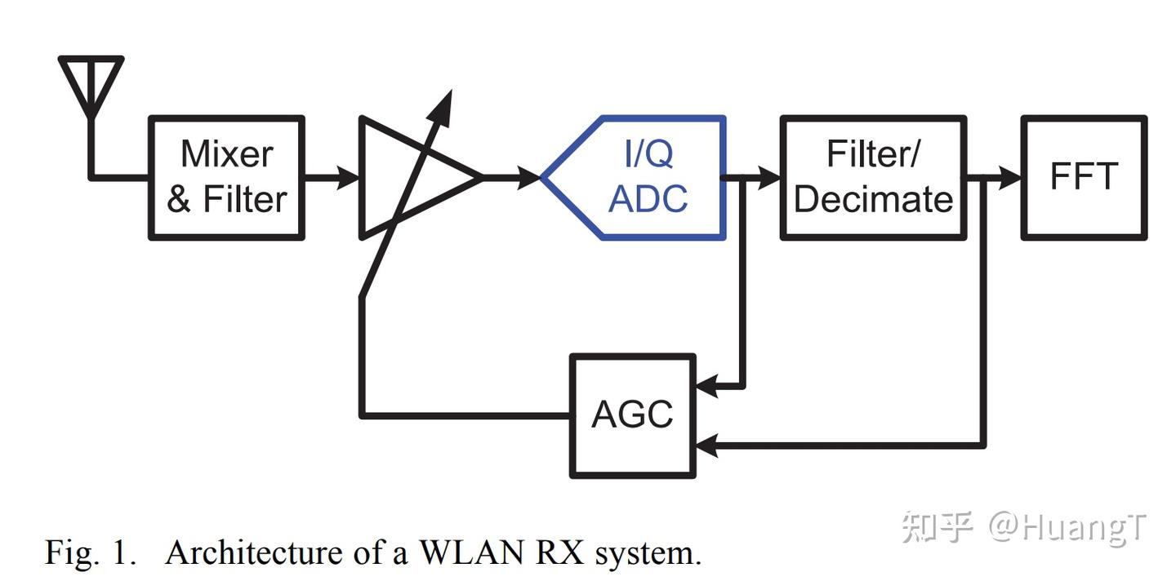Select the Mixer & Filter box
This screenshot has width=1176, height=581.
tap(226, 177)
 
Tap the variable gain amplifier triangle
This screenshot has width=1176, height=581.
tap(408, 177)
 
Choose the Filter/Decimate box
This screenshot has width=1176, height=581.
tap(873, 177)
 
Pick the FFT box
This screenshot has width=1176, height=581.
tap(1084, 177)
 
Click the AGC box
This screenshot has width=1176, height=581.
tap(633, 415)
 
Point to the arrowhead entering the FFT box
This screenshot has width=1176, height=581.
tap(1010, 177)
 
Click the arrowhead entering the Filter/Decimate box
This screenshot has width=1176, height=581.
tap(769, 177)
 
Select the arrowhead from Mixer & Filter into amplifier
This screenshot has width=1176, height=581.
tap(349, 177)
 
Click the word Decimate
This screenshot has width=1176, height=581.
tap(873, 199)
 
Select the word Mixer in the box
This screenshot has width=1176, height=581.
tap(226, 153)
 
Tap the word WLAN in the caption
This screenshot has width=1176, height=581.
tap(471, 552)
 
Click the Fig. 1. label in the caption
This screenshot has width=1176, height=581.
tap(88, 552)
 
